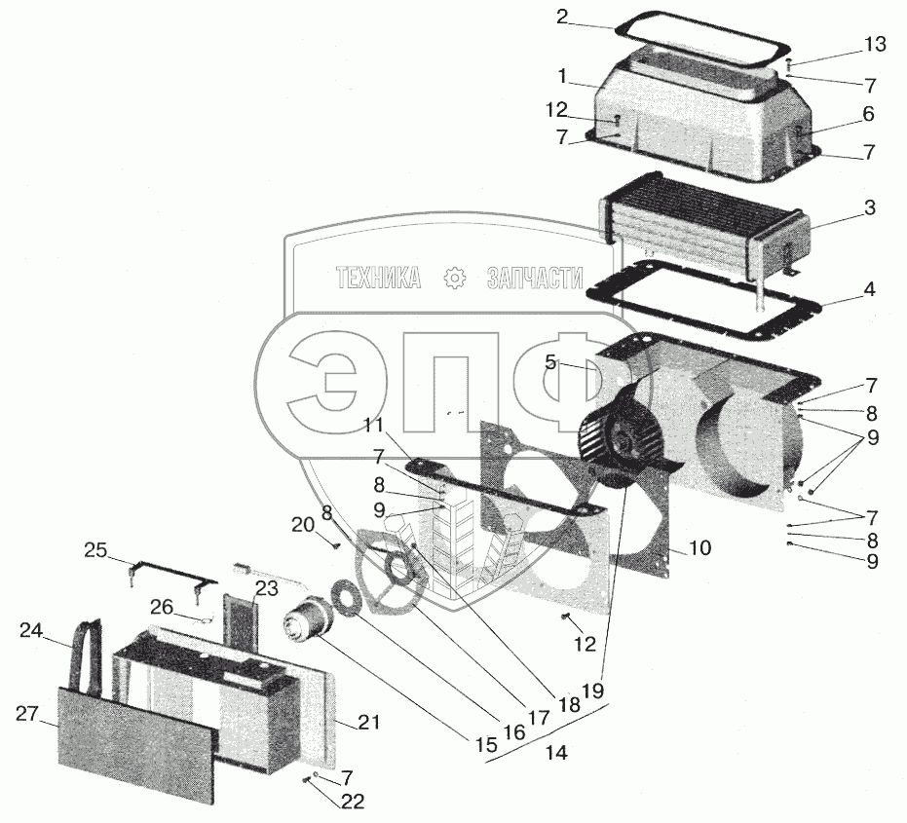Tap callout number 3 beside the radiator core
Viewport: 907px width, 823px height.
pos(869,207)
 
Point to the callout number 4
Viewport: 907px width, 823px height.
pos(869,290)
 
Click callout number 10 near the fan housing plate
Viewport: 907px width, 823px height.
pos(699,547)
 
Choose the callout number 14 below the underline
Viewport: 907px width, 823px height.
pos(556,753)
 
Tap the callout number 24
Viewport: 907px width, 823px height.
pos(32,630)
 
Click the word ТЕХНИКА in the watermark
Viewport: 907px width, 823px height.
pos(378,280)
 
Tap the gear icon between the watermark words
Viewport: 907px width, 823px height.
pos(454,280)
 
